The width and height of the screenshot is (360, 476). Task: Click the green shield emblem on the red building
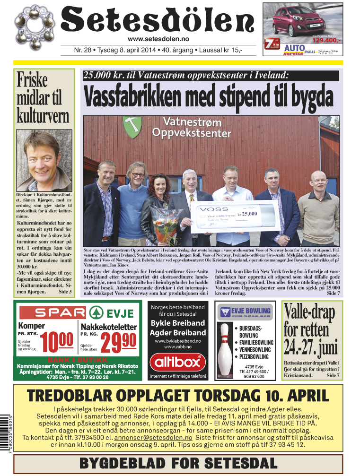tap(131, 127)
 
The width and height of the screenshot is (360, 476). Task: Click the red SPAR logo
tap(53, 312)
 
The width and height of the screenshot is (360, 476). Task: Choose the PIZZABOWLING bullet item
tap(256, 356)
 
